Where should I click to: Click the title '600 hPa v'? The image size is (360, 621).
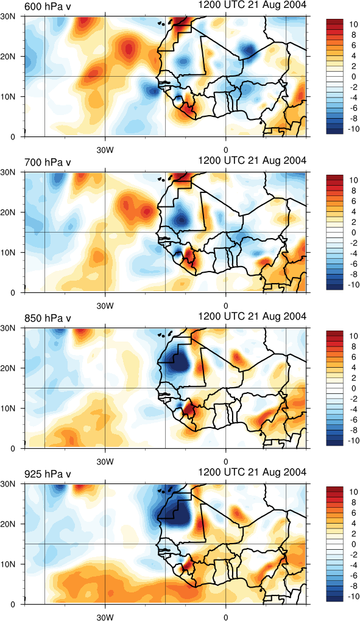point(48,6)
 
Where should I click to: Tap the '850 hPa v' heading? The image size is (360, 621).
point(48,318)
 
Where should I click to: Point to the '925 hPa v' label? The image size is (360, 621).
point(48,473)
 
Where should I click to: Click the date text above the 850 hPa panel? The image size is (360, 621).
point(252,316)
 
